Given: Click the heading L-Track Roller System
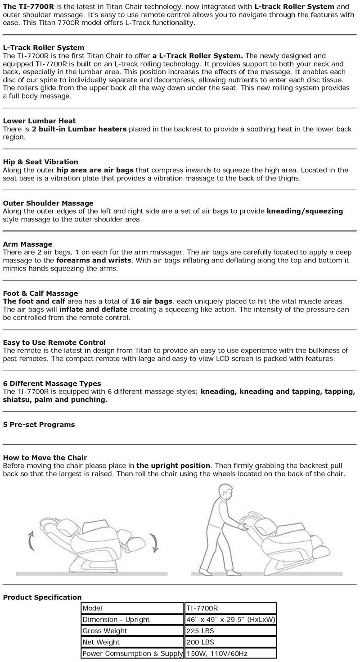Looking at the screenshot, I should pos(43,47).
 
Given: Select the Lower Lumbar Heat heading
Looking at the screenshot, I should pos(39,121).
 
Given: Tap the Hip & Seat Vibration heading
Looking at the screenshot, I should pos(40,162).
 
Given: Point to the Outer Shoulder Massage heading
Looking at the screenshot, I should pos(48,203).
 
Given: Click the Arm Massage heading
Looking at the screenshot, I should pos(27,244).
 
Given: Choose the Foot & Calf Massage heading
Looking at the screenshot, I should pos(40,293).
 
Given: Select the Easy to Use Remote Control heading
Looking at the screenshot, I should pos(54,342).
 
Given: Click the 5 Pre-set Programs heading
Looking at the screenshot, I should pos(39,424).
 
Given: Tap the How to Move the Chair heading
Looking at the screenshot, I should pos(45,457).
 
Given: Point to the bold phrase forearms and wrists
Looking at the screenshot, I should pos(94,260).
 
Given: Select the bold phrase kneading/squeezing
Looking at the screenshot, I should pos(305,211).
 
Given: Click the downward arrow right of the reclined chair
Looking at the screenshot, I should pos(154,542).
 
